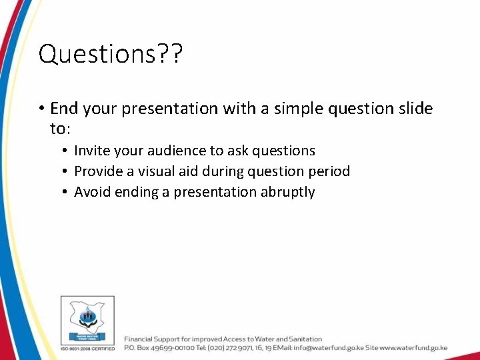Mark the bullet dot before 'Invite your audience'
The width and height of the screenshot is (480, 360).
click(x=65, y=151)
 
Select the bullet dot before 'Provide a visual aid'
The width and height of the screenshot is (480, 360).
click(x=65, y=172)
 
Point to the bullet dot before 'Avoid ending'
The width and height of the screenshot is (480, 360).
click(x=65, y=193)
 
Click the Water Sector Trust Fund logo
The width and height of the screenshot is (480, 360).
click(x=87, y=319)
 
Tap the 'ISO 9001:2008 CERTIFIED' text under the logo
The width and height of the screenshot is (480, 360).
click(x=87, y=348)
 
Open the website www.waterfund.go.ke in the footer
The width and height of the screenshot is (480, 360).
click(x=413, y=348)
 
